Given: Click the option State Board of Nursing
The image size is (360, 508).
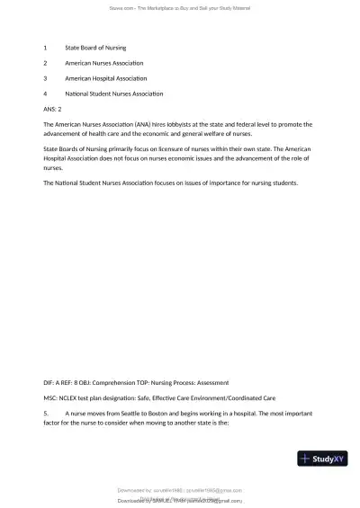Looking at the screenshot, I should tap(95, 47).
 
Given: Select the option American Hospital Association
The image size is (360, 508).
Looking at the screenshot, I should tap(104, 78).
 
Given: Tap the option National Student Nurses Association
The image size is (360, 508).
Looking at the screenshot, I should tap(113, 94).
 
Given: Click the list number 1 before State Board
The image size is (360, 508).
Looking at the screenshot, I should tap(45, 47).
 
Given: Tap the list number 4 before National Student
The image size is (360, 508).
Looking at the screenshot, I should tap(45, 94).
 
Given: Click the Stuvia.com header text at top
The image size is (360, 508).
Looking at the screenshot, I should tap(180, 7).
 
